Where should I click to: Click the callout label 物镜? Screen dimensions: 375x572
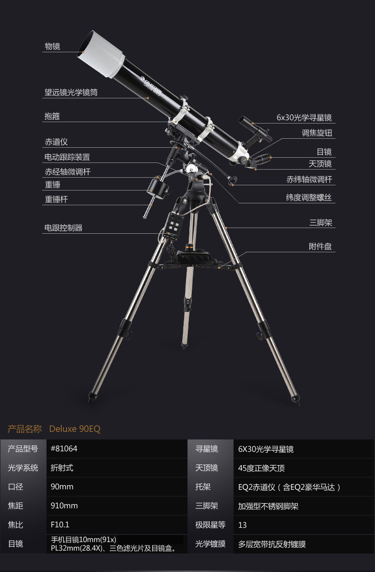[52, 46]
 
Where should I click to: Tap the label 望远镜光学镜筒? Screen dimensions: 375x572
[71, 93]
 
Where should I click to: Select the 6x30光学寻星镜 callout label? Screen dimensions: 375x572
[304, 118]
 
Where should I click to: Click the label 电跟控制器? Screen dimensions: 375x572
[63, 228]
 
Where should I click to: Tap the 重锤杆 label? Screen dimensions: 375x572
[56, 200]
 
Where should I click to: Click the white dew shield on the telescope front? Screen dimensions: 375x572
[101, 53]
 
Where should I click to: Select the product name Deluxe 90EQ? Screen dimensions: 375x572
[75, 429]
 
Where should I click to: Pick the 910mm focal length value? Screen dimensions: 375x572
[64, 506]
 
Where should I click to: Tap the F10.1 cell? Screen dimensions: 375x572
[60, 525]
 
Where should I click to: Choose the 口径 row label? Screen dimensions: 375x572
[16, 487]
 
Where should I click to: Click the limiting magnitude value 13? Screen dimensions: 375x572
[243, 525]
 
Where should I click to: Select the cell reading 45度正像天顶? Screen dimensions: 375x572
[262, 468]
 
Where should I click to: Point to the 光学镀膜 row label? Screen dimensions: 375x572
[210, 544]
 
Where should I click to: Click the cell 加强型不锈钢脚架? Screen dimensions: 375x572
[268, 506]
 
